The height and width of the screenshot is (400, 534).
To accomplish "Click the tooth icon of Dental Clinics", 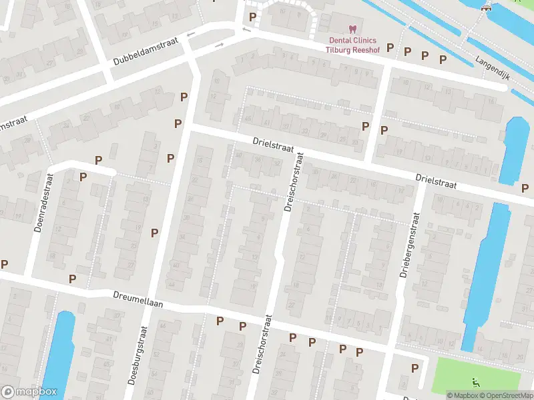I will [x=352, y=29].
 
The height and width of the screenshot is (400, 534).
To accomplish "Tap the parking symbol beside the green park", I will [x=415, y=368].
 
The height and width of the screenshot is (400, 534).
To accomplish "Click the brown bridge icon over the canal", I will [x=487, y=7].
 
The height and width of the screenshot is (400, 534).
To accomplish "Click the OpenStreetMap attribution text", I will [x=503, y=395].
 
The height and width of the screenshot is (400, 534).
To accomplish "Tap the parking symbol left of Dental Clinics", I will [x=252, y=17].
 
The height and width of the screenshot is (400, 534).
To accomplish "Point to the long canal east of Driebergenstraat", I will [x=487, y=273].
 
